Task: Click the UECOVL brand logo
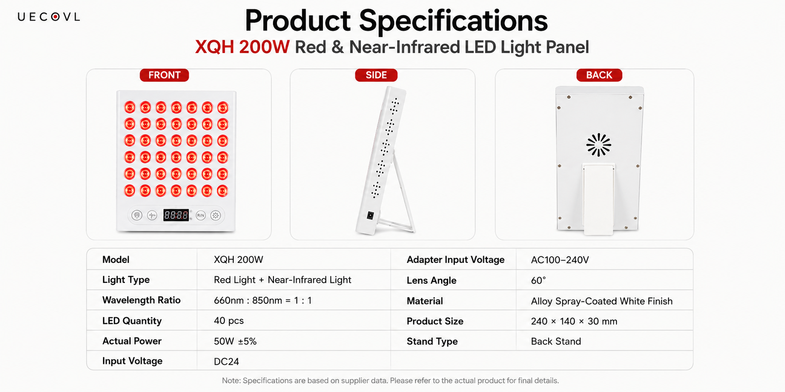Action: pos(49,17)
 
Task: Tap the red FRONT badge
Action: pos(164,75)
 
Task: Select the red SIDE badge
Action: pos(376,75)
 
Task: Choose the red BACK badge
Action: pos(599,75)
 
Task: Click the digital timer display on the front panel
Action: pos(176,215)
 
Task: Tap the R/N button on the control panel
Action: pos(201,216)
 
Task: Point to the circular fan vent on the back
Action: pos(599,145)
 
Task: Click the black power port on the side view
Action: pos(370,216)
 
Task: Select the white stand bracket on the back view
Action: pos(598,199)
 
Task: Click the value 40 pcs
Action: pos(229,321)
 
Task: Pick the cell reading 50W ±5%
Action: pos(235,341)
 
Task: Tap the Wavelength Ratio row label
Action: pos(141,301)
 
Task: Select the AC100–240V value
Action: pos(560,260)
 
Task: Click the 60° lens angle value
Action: pos(539,281)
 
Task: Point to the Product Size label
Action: pos(435,321)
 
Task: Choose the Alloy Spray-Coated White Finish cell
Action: pos(602,301)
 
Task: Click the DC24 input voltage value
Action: pos(226,362)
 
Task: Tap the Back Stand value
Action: pos(556,341)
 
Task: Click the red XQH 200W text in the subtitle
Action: pos(242,47)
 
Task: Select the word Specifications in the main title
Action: pos(453,21)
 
